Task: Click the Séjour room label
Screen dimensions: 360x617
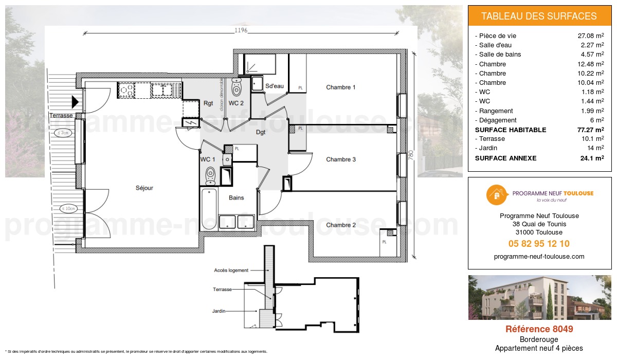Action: pos(144,188)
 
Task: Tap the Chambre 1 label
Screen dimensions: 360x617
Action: pos(340,87)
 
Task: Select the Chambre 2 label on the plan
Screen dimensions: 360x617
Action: pos(340,225)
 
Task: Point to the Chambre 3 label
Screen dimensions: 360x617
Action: pos(340,159)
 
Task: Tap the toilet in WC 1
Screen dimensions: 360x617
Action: pos(210,174)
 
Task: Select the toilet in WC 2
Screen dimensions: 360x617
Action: pos(237,88)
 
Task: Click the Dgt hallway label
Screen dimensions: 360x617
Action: pos(261,132)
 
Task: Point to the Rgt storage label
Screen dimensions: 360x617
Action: pos(208,103)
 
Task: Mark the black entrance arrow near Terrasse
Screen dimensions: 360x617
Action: pos(75,102)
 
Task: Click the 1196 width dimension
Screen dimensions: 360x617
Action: pos(241,31)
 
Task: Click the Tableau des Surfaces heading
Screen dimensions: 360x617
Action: pos(539,16)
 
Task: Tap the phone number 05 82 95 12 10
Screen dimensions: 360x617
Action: pos(539,244)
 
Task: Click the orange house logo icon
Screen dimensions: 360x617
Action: pos(496,194)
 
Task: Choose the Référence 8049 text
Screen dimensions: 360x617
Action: pos(539,329)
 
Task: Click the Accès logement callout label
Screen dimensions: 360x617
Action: pos(231,270)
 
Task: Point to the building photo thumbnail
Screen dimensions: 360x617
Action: pos(539,297)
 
